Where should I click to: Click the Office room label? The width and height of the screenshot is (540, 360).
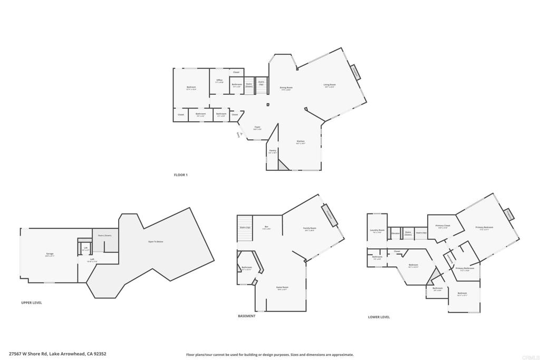coord(219,80)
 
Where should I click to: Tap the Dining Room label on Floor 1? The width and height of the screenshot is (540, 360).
coord(286,87)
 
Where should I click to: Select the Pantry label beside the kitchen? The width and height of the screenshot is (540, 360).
coord(273,150)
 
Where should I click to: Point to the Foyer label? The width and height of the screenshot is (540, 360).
coord(257,127)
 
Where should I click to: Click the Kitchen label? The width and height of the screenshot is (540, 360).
coord(301,141)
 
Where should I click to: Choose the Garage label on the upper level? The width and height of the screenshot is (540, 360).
coord(50,254)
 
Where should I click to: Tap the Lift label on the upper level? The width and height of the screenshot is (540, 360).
coord(85,247)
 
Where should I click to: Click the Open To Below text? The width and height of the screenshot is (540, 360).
coord(156,241)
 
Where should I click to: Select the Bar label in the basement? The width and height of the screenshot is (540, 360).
coord(266,227)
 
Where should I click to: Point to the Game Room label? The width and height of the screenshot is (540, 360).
coord(283,287)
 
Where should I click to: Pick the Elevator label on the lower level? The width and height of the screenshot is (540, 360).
coord(395,232)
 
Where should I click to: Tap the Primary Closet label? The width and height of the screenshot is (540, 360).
coord(443,226)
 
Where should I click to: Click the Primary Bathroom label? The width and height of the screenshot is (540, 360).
coord(465,268)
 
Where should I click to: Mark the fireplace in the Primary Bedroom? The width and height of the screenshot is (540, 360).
coord(509,215)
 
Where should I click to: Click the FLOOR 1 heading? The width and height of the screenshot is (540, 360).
coord(181,175)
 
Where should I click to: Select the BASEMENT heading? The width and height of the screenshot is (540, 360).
coord(247,316)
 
